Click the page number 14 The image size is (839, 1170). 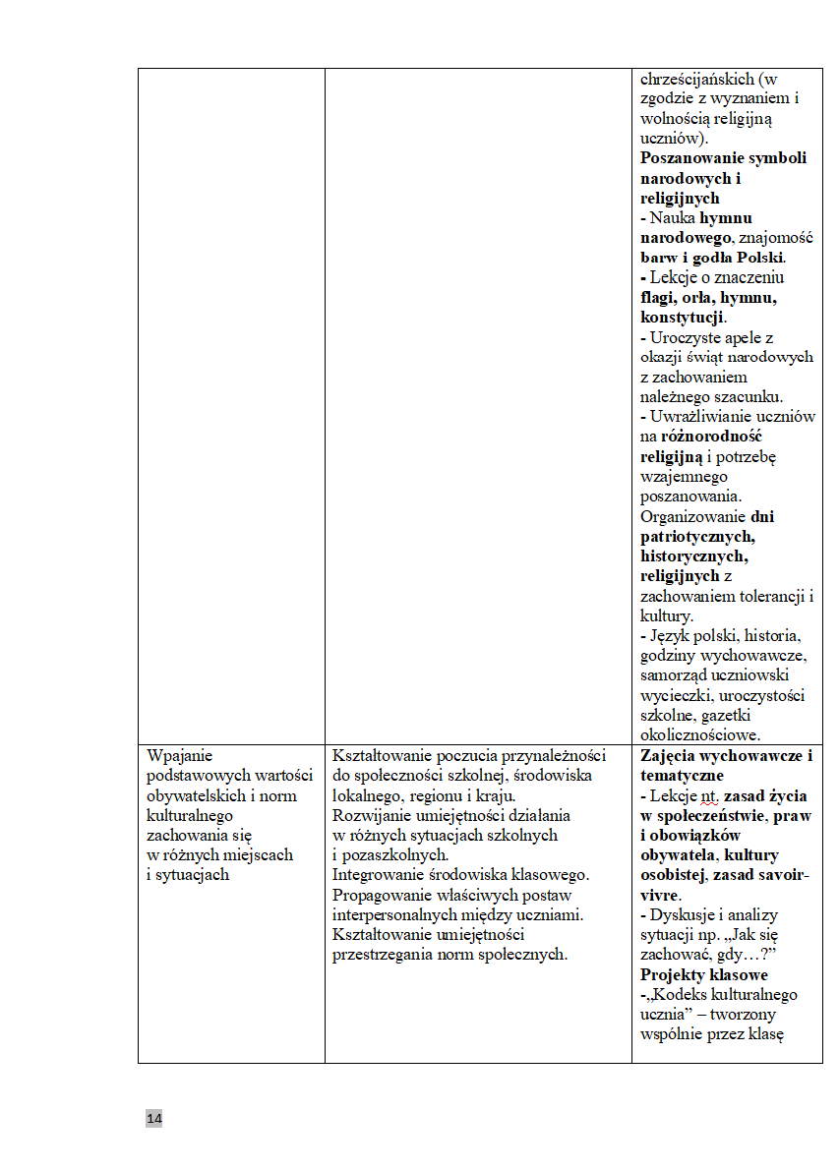point(153,1119)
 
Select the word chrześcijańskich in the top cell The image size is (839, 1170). point(696,79)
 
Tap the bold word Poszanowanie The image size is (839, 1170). point(691,158)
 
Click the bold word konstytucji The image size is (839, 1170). point(682,318)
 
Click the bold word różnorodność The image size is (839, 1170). point(712,437)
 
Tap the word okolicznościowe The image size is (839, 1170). point(697,734)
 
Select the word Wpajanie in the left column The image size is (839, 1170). point(180,756)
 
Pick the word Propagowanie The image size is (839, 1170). point(386,895)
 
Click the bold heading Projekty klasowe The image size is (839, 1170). point(703,974)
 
